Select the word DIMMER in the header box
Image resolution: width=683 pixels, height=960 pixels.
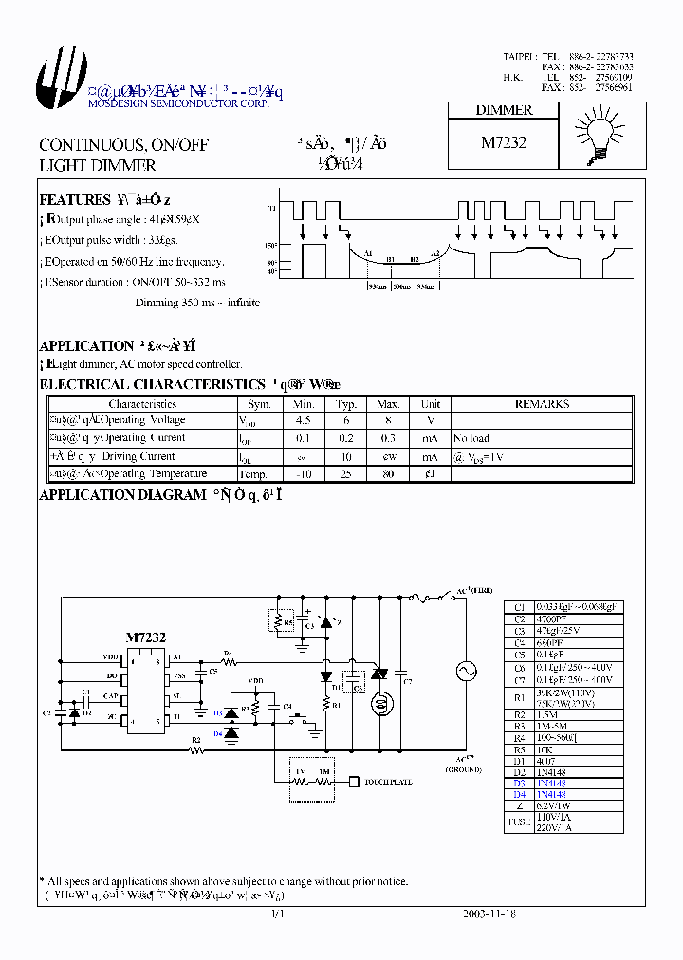[x=504, y=110]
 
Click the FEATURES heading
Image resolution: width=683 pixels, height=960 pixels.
[x=74, y=200]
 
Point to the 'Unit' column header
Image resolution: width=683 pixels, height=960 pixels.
[x=431, y=404]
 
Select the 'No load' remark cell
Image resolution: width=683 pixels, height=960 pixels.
[x=471, y=438]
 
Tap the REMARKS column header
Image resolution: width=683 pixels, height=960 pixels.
[x=542, y=404]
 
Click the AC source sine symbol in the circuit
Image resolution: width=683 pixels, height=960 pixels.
[x=467, y=671]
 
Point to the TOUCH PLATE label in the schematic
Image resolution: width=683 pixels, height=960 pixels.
[x=389, y=783]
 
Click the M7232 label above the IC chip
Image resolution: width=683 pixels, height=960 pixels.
[x=146, y=638]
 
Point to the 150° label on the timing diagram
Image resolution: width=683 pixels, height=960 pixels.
[x=270, y=245]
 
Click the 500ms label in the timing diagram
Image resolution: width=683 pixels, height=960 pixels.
[x=401, y=286]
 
